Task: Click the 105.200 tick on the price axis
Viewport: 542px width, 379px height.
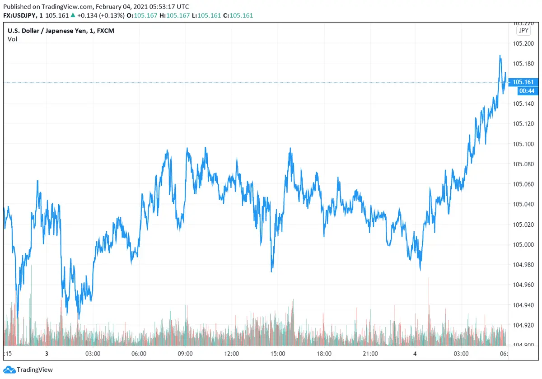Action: (x=523, y=43)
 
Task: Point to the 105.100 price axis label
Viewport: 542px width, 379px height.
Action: (x=523, y=144)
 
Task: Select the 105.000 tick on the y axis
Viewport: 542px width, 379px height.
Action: (x=523, y=244)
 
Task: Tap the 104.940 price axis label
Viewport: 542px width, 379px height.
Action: (x=523, y=305)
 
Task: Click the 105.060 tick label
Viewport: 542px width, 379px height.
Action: (x=523, y=184)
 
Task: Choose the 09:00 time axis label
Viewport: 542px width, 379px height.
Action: (x=185, y=354)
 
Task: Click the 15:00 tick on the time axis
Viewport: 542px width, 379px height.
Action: (x=277, y=354)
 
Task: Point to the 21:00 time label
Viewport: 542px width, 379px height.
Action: (x=370, y=354)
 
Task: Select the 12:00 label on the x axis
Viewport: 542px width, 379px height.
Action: (x=231, y=354)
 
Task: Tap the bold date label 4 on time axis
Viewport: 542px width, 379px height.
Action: (x=415, y=354)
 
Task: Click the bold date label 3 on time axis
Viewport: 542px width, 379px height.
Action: (x=47, y=354)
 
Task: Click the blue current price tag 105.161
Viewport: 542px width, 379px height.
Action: (x=523, y=82)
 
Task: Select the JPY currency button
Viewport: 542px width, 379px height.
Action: (x=523, y=31)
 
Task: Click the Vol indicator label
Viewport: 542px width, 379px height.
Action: (x=13, y=39)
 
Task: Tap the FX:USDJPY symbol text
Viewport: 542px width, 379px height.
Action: (x=20, y=15)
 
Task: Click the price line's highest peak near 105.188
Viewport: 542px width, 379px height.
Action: (x=500, y=56)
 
